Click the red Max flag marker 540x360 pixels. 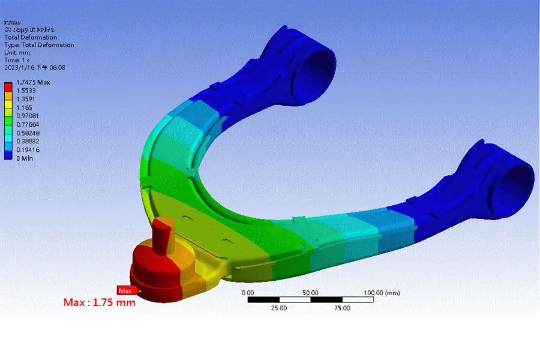pyautogui.click(x=125, y=290)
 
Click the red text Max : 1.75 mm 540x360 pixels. pyautogui.click(x=100, y=302)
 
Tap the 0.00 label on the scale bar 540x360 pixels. pyautogui.click(x=247, y=293)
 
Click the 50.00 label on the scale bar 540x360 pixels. pyautogui.click(x=310, y=293)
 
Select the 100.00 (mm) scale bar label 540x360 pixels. pyautogui.click(x=382, y=293)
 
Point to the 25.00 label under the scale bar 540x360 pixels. pyautogui.click(x=279, y=308)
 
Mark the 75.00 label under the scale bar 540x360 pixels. pyautogui.click(x=342, y=308)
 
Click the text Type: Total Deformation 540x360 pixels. pyautogui.click(x=39, y=45)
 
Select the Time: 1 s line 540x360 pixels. pyautogui.click(x=18, y=61)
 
